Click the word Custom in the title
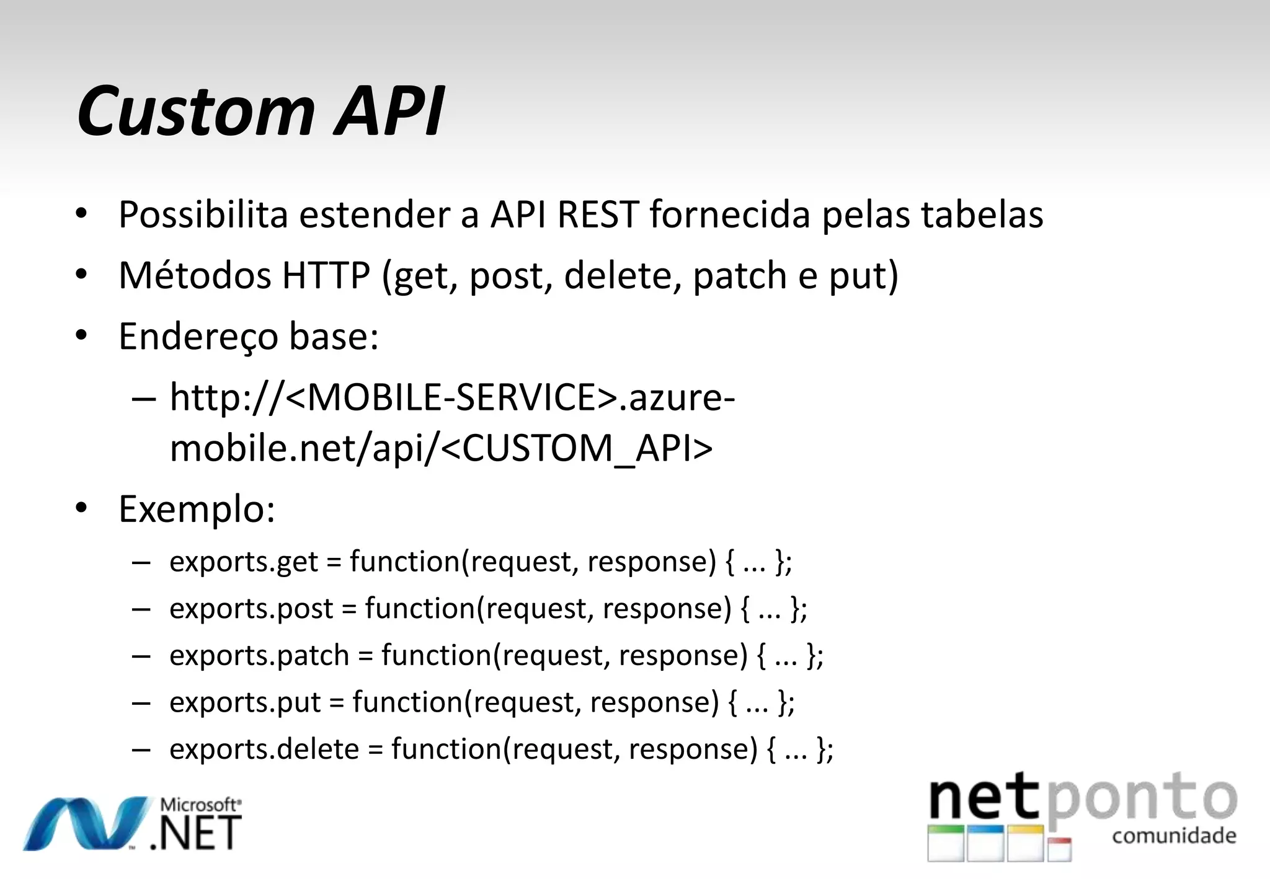(195, 112)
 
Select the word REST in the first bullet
(597, 214)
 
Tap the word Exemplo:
(197, 510)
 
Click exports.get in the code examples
(244, 562)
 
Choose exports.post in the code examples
(251, 609)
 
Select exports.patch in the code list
(259, 656)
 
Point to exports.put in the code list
(245, 702)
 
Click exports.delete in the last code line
(264, 749)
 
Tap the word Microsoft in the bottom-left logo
(200, 805)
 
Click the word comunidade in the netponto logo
(1174, 836)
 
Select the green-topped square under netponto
(946, 842)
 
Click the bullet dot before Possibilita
(81, 214)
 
